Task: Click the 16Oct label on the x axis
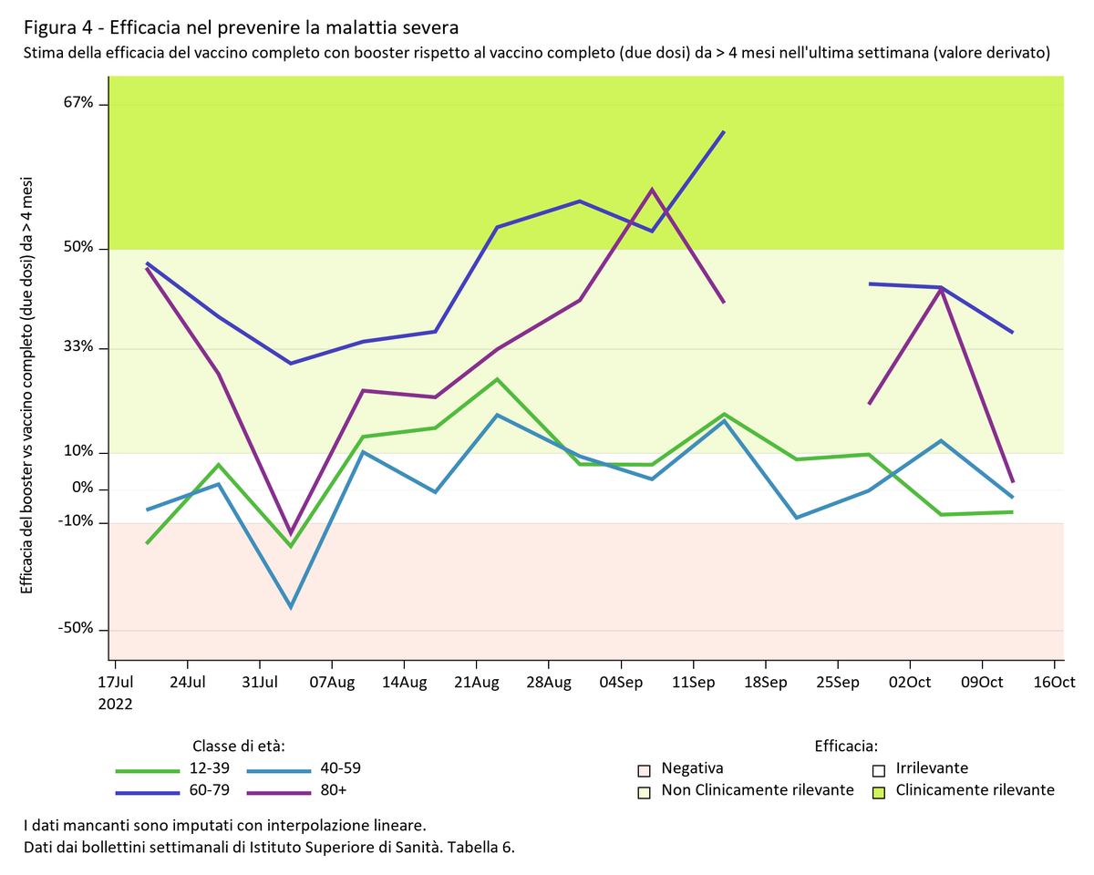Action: (1053, 683)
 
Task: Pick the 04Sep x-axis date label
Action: (620, 683)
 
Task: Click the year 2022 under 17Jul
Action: (116, 705)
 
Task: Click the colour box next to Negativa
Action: (645, 769)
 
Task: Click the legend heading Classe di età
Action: (239, 746)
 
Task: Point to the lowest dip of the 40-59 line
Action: (291, 607)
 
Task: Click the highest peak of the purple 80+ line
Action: (652, 190)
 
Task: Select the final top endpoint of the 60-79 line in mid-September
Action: (724, 131)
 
